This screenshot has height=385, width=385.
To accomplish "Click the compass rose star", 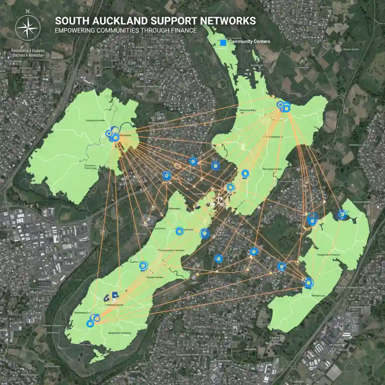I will (27, 29).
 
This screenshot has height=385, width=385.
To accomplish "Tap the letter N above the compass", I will (27, 11).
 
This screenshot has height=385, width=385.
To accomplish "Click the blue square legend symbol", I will (223, 43).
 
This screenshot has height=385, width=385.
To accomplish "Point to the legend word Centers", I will (261, 42).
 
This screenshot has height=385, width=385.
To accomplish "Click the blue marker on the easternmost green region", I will (342, 214).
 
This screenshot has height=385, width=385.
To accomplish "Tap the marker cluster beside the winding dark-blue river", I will (113, 135).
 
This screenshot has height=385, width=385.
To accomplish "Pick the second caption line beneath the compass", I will (27, 55).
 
